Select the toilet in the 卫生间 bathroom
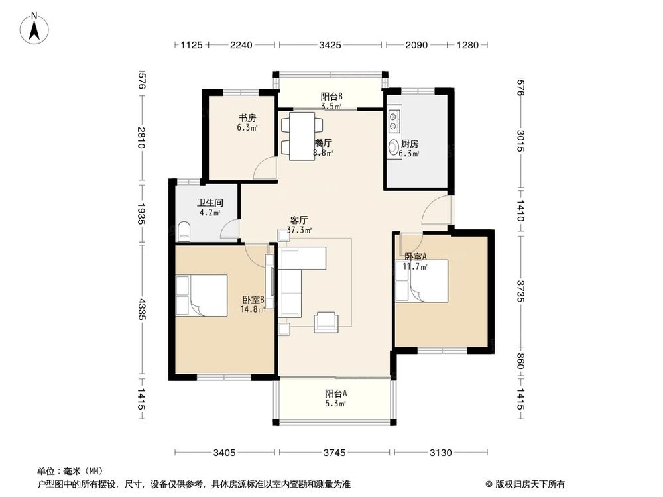tap(184, 232)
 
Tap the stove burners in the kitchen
tap(393, 121)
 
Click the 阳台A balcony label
tap(335, 393)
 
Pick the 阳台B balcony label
tap(331, 96)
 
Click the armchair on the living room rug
tap(326, 321)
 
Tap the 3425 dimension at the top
tap(330, 45)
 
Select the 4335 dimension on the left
tap(141, 309)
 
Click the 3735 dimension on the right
tap(521, 290)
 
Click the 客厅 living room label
tap(299, 220)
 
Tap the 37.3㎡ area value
tap(299, 231)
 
